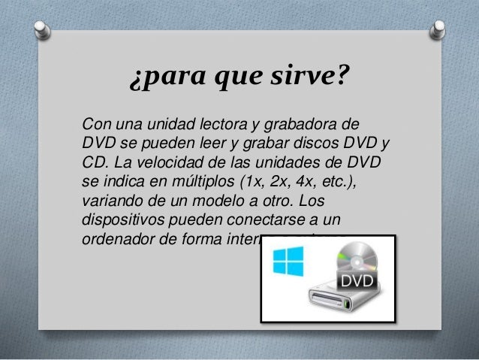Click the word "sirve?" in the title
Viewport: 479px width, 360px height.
[x=306, y=77]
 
